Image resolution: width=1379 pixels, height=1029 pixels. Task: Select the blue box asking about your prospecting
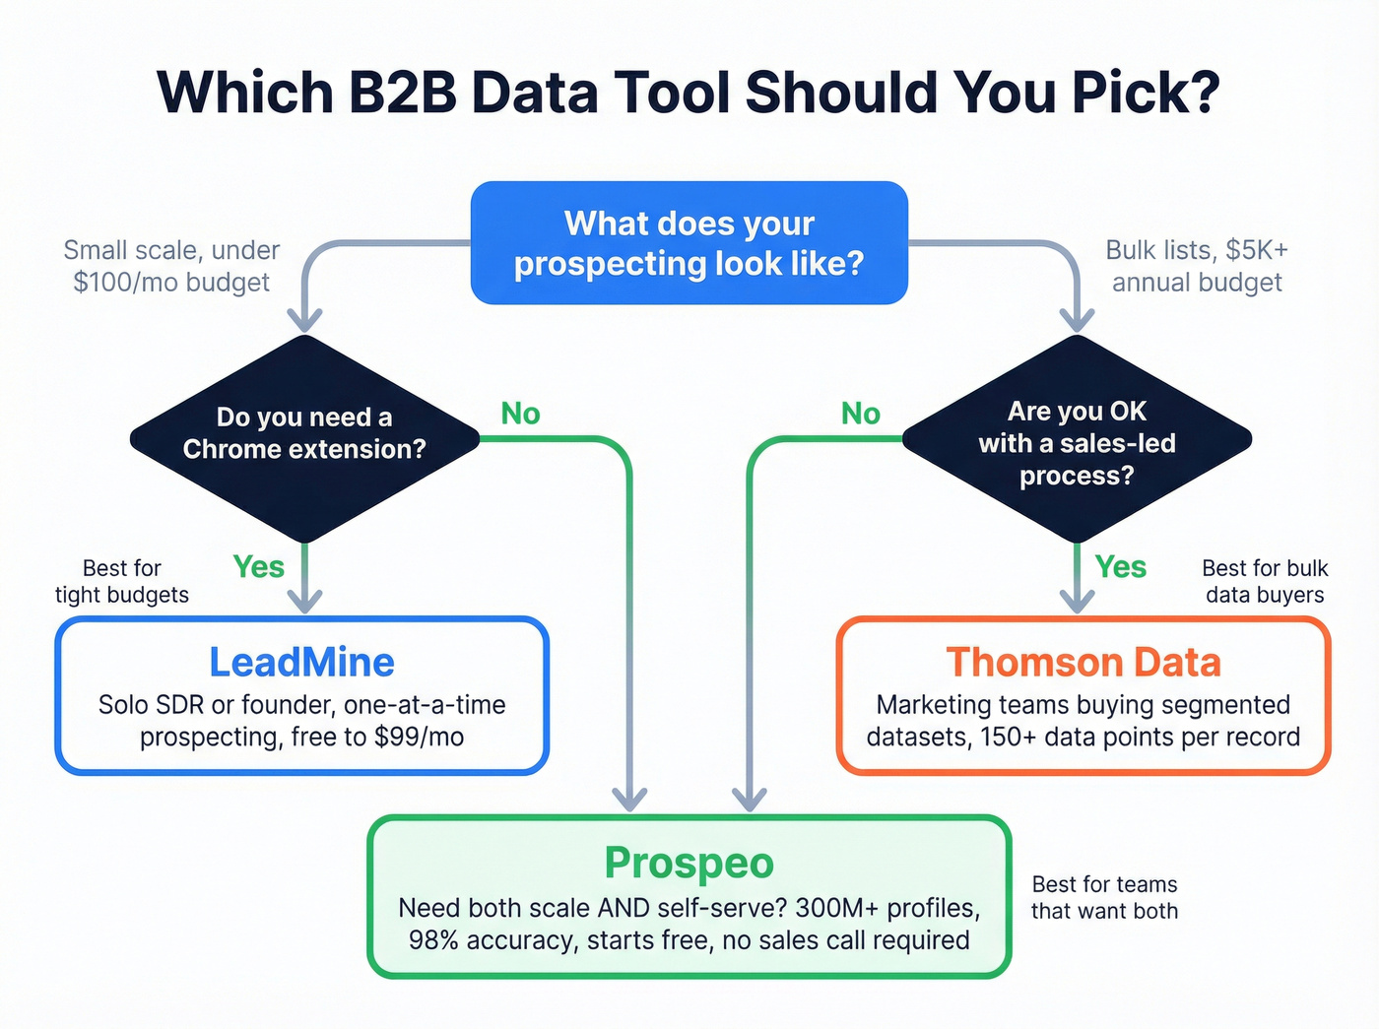pos(689,243)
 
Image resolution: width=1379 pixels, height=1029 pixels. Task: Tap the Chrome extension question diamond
pos(304,434)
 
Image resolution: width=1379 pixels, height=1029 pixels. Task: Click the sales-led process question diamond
pos(1077,442)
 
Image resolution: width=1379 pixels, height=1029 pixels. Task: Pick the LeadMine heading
pos(301,663)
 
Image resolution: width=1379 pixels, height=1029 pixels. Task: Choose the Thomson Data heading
pos(1083,663)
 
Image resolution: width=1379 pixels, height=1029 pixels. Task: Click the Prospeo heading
pos(689,863)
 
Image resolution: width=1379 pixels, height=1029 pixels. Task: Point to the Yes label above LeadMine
pos(258,567)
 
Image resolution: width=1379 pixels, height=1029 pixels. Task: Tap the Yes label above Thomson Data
pos(1120,567)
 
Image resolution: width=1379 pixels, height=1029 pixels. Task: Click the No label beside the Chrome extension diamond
pos(520,414)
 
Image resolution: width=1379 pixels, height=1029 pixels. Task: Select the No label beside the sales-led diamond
pos(860,414)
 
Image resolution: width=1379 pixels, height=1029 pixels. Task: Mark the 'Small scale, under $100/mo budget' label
pos(171,266)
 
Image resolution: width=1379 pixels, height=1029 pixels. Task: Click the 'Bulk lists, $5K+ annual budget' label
pos(1197,266)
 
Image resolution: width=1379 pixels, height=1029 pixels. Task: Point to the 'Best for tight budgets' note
pos(122,581)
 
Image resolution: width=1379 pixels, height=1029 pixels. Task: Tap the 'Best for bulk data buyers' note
pos(1265,581)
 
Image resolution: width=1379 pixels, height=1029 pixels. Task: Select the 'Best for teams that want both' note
pos(1104,897)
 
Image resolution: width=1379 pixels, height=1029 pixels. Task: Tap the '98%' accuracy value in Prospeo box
pos(433,940)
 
